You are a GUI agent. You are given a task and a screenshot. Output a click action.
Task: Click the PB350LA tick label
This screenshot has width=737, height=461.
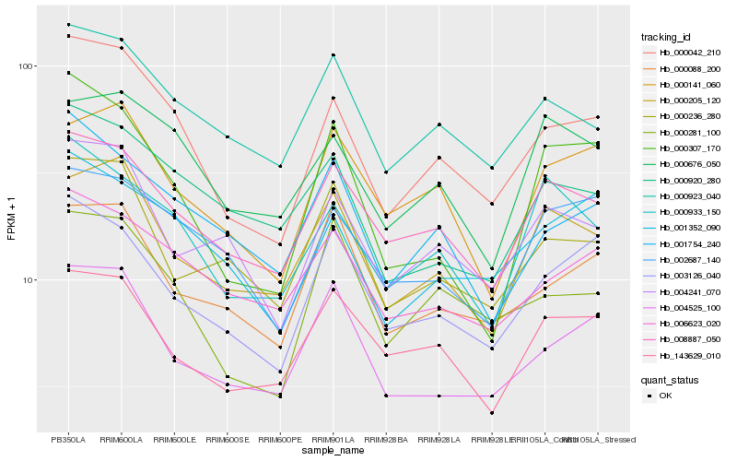click(x=68, y=439)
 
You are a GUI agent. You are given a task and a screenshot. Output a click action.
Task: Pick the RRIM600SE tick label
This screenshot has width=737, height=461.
click(x=227, y=439)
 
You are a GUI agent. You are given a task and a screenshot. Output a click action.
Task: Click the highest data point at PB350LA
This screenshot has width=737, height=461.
click(x=68, y=25)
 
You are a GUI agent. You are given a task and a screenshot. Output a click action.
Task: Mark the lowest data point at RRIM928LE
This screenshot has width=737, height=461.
click(x=492, y=413)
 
